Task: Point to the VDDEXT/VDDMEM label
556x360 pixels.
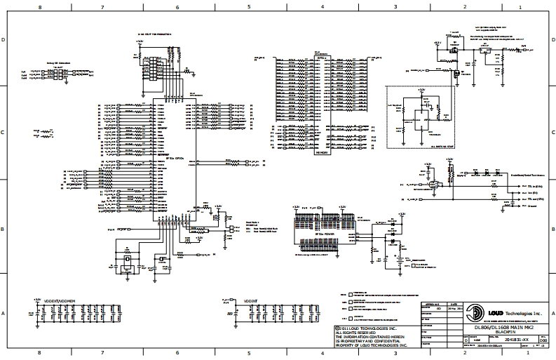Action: [60, 300]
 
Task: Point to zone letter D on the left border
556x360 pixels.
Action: [5, 40]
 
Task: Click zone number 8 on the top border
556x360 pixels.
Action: [39, 6]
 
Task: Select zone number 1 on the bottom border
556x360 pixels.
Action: [520, 354]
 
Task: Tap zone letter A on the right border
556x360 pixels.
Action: [552, 313]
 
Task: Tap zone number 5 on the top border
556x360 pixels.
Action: [249, 6]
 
